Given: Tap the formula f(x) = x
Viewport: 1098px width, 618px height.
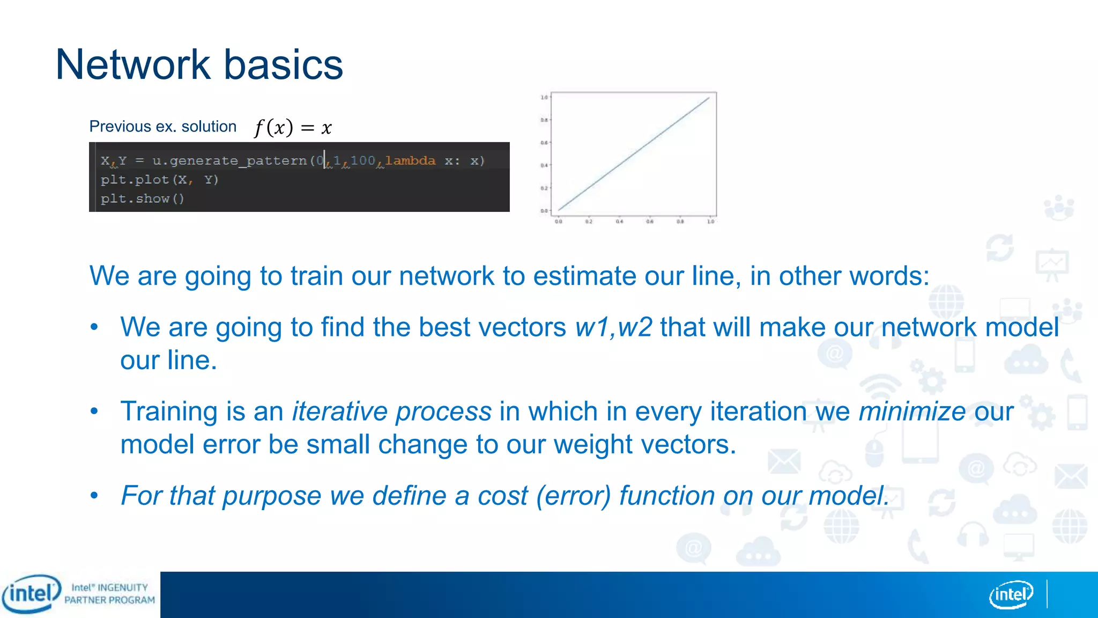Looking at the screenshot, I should [293, 128].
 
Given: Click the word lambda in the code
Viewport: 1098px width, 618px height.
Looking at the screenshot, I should [410, 160].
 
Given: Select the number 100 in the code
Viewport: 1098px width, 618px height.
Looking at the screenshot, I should [363, 160].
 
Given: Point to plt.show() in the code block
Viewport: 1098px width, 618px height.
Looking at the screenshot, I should [143, 198].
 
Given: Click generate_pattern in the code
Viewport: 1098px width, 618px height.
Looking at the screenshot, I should [238, 160].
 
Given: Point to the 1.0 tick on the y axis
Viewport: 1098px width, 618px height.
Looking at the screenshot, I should [544, 98].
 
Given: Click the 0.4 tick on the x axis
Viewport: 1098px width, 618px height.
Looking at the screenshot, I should [619, 221].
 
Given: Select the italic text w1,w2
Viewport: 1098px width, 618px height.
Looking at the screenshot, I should [613, 327].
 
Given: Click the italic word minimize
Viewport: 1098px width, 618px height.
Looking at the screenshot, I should [912, 411].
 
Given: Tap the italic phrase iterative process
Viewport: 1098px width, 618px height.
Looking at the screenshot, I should [391, 411].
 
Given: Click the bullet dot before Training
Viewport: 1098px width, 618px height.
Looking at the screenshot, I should [94, 411].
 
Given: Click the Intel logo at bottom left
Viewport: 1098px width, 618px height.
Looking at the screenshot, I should [31, 594].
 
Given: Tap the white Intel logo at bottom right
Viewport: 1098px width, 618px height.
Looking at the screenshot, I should [1011, 594].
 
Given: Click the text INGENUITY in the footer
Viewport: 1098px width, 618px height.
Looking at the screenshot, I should [123, 587].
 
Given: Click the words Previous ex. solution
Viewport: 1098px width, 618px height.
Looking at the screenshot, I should [162, 127].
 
